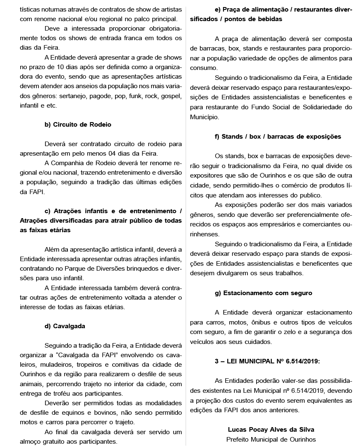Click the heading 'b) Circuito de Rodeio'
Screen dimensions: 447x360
pos(78,124)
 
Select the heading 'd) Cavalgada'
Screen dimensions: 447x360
pos(65,326)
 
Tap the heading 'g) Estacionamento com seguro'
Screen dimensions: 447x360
pos(264,293)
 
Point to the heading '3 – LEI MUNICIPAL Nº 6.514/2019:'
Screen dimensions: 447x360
pos(267,361)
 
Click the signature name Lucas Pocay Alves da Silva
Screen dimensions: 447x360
pos(271,430)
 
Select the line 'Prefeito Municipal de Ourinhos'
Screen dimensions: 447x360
pos(271,439)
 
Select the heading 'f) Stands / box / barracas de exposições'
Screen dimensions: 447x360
pos(278,136)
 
